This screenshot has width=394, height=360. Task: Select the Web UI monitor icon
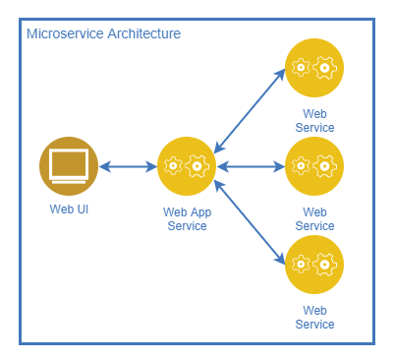click(69, 166)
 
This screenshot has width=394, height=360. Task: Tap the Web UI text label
click(69, 209)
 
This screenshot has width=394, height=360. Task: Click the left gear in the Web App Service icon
click(174, 166)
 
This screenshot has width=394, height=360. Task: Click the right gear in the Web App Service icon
click(198, 166)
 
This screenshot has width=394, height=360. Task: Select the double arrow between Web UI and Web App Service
click(128, 166)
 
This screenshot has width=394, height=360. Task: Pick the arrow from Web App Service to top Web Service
click(250, 109)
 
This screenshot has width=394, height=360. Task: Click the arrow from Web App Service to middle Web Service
click(250, 166)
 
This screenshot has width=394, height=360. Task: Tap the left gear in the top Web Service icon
click(302, 68)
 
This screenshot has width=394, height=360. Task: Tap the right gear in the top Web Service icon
click(325, 68)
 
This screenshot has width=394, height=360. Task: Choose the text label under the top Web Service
click(314, 120)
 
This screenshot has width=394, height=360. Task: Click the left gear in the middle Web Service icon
click(302, 166)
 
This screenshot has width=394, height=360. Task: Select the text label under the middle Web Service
click(314, 218)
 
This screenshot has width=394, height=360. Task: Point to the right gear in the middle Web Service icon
click(325, 166)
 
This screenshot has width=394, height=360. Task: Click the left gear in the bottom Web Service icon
click(302, 264)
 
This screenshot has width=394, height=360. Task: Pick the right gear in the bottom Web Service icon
click(325, 264)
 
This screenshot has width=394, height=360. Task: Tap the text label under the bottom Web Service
click(314, 317)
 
